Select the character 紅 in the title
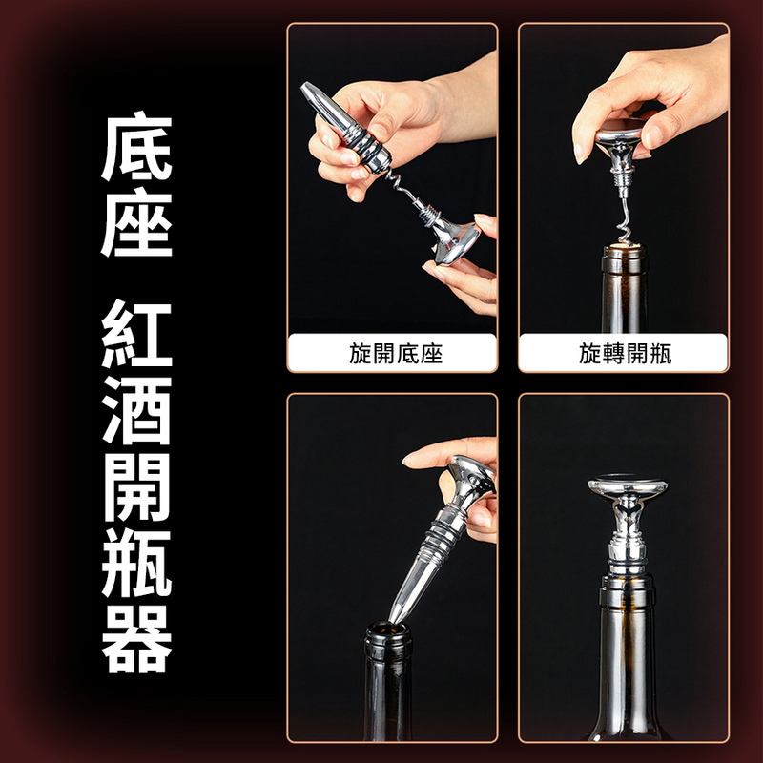click(x=136, y=338)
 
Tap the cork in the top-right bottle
click(x=623, y=253)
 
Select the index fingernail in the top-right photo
click(x=580, y=151)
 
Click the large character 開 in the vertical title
click(x=136, y=490)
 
